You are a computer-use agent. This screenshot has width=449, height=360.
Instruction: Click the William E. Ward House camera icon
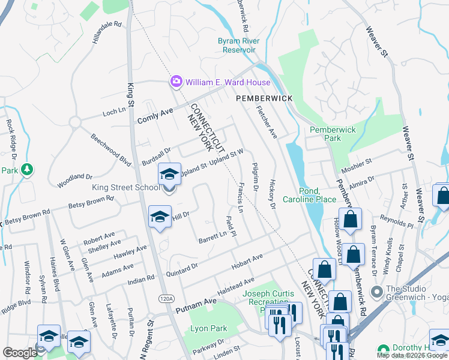pos(176,82)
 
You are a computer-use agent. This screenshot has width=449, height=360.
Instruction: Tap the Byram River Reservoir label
pos(237,46)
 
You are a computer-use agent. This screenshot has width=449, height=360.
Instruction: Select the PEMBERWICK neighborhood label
pos(264,98)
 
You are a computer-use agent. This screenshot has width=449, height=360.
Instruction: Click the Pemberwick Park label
pos(333,134)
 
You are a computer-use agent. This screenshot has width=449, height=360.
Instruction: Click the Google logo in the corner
pos(20,352)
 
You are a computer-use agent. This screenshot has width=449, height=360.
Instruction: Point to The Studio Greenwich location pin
pos(377,293)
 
